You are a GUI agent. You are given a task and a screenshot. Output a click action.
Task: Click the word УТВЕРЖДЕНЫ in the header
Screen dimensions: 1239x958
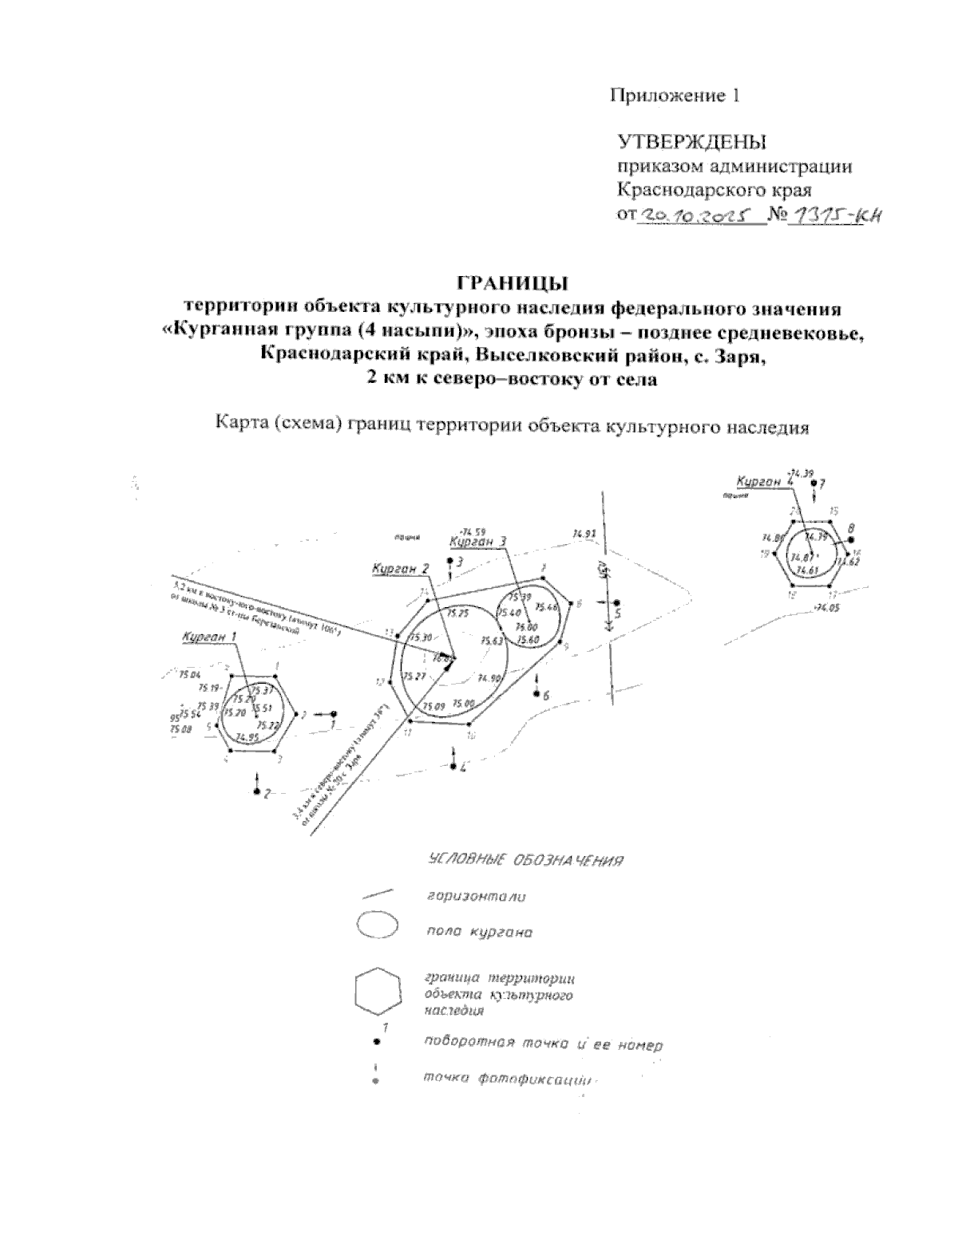691,143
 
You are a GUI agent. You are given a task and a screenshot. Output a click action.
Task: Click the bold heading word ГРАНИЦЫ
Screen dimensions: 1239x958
511,283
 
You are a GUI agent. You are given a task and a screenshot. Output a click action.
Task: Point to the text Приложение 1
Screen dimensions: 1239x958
675,96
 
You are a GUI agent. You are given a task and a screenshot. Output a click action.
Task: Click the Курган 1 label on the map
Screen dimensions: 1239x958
209,637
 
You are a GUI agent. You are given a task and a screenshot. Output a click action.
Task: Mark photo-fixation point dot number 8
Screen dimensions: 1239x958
850,540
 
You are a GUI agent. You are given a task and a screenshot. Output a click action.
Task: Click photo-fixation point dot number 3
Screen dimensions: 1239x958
450,562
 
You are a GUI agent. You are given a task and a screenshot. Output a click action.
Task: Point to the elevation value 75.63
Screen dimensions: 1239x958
492,641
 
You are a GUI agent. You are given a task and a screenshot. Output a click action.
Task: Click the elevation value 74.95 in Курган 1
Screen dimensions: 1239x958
247,738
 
